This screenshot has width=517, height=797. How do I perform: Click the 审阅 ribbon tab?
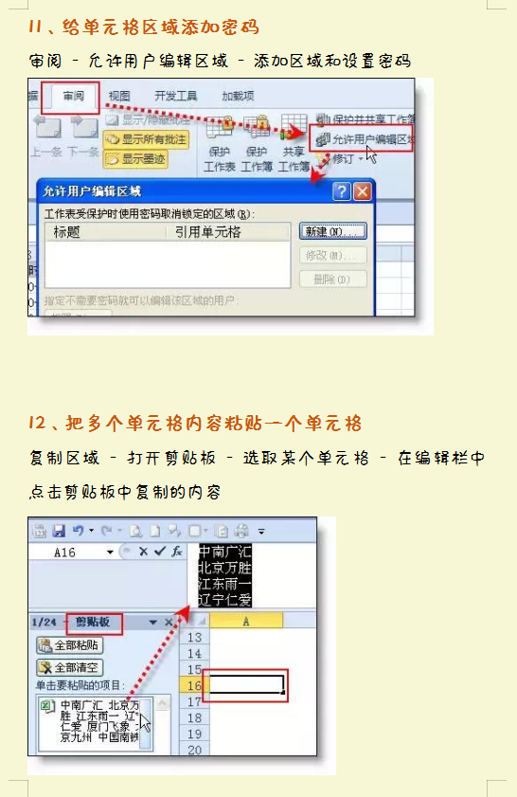pyautogui.click(x=75, y=97)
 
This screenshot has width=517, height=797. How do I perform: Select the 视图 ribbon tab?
pyautogui.click(x=119, y=97)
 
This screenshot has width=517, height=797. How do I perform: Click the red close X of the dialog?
pyautogui.click(x=362, y=191)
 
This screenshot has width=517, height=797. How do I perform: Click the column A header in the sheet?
pyautogui.click(x=245, y=621)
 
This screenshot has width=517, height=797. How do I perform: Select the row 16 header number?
pyautogui.click(x=195, y=685)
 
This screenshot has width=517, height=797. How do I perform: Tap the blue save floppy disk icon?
pyautogui.click(x=59, y=531)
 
